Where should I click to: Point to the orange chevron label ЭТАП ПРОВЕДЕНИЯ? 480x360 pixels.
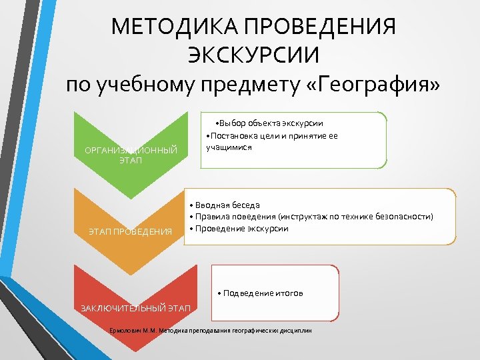[x=131, y=231]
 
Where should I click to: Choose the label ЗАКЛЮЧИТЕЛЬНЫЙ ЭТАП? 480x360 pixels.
[x=136, y=307]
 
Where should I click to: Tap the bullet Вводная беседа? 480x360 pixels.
[x=225, y=205]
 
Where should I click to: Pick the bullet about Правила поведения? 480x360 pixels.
[x=311, y=217]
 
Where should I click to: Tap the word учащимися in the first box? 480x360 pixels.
[x=229, y=147]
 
